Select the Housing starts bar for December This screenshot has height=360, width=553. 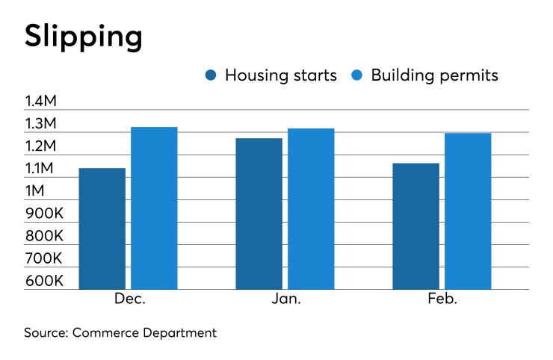(102, 229)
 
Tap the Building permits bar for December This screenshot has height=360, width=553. (154, 208)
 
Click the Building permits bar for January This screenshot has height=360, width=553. (311, 209)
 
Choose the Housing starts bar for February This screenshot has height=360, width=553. (415, 226)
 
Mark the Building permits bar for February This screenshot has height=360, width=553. (468, 211)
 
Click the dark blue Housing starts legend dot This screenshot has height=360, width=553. (211, 76)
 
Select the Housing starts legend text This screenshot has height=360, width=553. (280, 76)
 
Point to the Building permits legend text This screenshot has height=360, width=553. (434, 76)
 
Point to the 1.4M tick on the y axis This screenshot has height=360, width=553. (44, 101)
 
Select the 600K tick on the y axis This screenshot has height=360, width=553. (44, 280)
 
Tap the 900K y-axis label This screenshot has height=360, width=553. (44, 213)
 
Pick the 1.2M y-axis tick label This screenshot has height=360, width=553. (44, 146)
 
